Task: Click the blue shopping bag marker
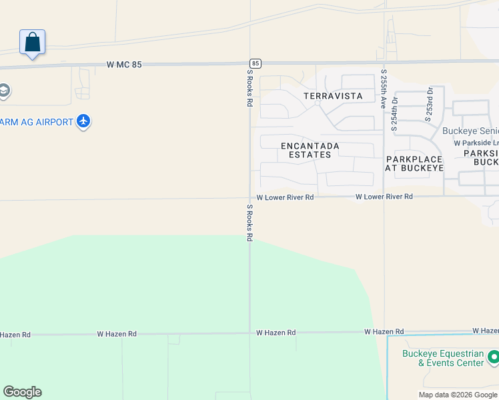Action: pyautogui.click(x=32, y=43)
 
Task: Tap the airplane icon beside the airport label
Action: pyautogui.click(x=83, y=121)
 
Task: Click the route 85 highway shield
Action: pyautogui.click(x=256, y=63)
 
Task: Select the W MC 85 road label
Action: pyautogui.click(x=124, y=65)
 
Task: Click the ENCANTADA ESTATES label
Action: pyautogui.click(x=310, y=150)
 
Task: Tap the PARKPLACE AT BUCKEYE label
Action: pyautogui.click(x=414, y=163)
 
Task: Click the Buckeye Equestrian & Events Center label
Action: pyautogui.click(x=443, y=358)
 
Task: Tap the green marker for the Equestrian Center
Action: pyautogui.click(x=494, y=357)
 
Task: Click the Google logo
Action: pyautogui.click(x=22, y=392)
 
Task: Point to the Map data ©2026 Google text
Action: pyautogui.click(x=458, y=395)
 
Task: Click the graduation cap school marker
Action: pyautogui.click(x=3, y=90)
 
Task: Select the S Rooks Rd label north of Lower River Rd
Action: pyautogui.click(x=250, y=88)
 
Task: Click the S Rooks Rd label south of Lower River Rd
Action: pyautogui.click(x=250, y=223)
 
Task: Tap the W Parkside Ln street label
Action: pyautogui.click(x=476, y=143)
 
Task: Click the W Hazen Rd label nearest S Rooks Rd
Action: pyautogui.click(x=276, y=332)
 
